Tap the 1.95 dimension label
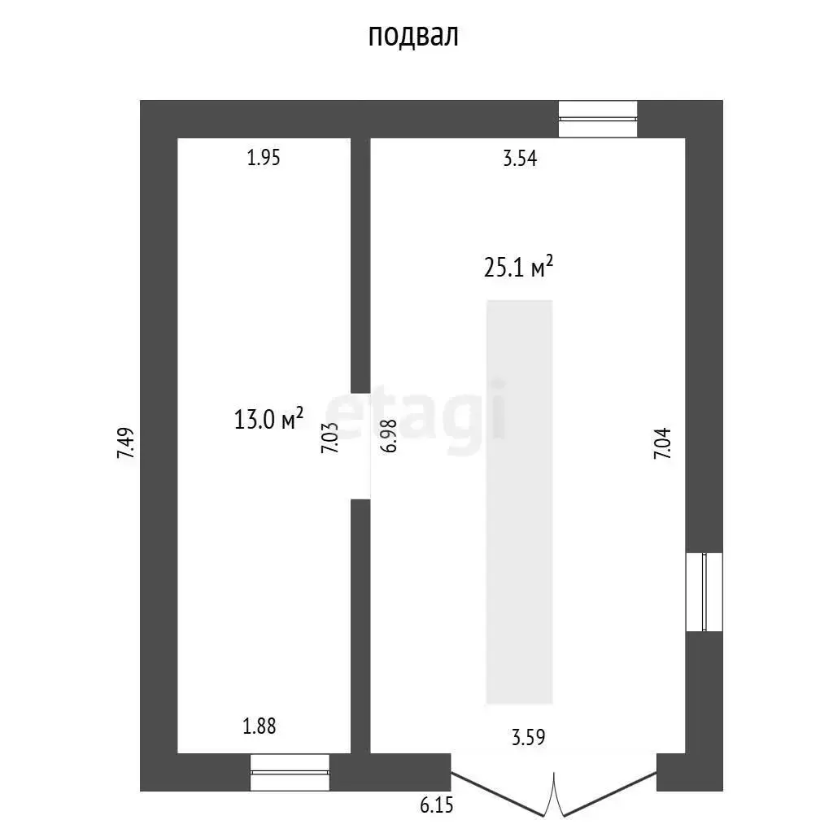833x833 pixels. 264,158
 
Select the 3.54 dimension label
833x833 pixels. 520,159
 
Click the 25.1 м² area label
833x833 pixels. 518,267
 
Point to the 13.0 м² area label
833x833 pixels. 268,419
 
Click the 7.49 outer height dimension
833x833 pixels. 126,443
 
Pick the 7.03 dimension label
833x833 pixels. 329,438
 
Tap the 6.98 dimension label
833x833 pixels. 388,436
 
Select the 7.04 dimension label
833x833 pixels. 662,443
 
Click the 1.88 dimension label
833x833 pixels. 259,726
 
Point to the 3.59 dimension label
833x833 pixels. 529,737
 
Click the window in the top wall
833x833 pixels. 598,119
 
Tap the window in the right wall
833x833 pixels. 704,592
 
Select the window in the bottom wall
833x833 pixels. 290,772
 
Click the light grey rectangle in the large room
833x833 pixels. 520,502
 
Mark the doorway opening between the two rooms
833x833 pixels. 360,447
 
